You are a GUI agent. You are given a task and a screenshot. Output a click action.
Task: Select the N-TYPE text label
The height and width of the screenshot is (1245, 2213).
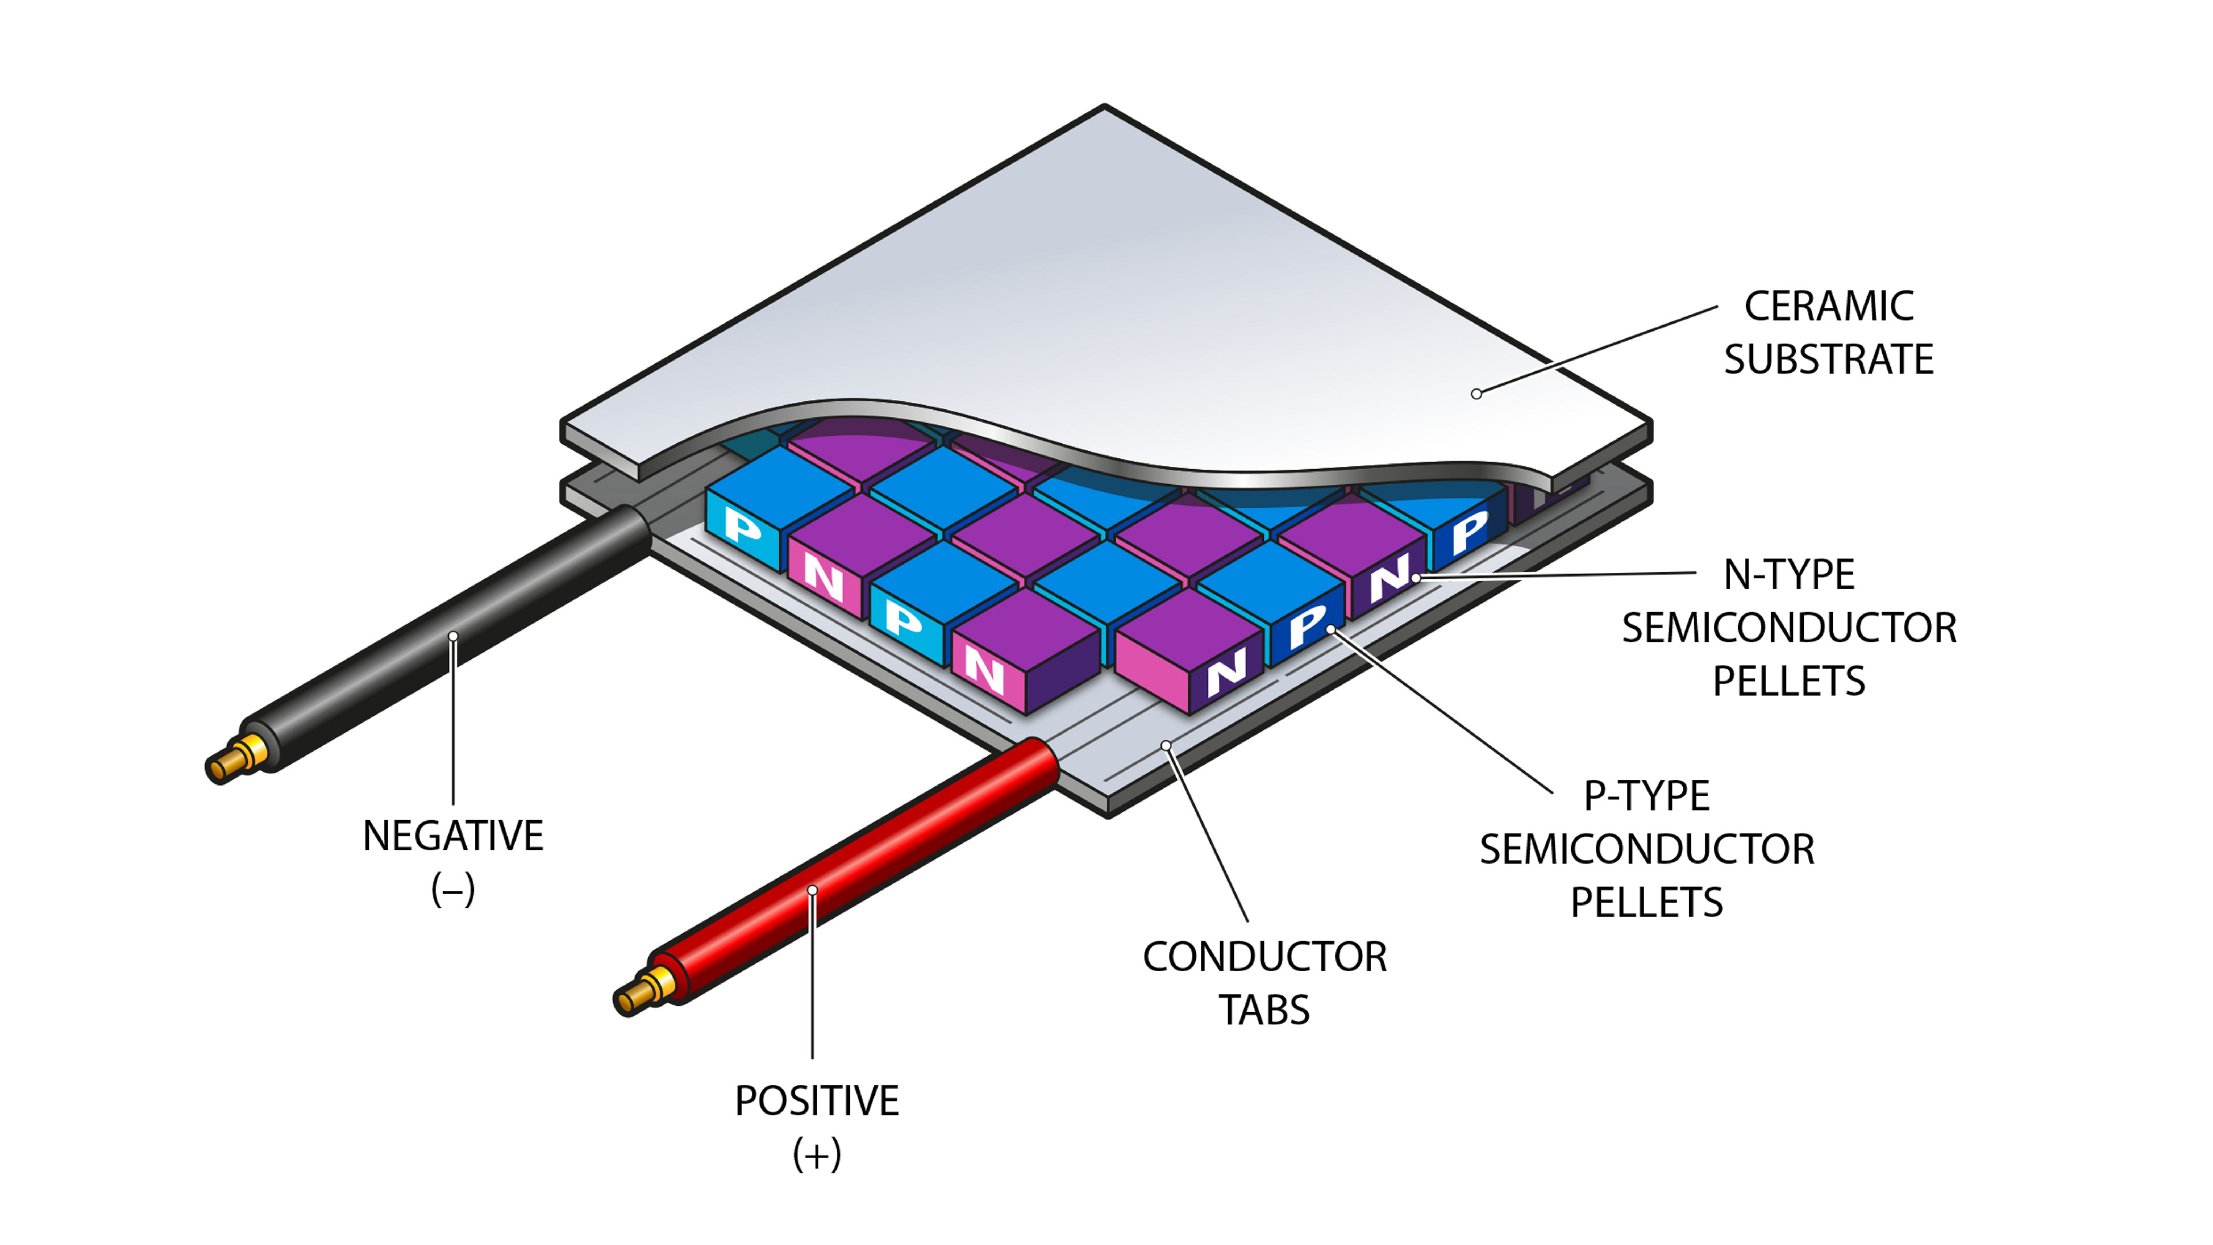point(1789,574)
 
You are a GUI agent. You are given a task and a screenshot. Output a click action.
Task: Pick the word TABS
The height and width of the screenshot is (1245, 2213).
point(1264,1010)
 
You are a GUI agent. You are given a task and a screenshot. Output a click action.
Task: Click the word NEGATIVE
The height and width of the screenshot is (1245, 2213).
point(453,836)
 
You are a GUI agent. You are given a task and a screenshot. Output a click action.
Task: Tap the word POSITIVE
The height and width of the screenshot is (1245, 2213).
point(816,1101)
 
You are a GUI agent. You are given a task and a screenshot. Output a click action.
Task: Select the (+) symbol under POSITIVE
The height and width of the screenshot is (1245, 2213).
point(816,1154)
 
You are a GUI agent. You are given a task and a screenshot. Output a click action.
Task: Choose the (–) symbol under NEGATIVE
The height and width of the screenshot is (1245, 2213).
point(453,889)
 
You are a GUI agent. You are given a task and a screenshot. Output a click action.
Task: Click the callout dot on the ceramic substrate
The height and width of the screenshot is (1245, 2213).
point(1476,394)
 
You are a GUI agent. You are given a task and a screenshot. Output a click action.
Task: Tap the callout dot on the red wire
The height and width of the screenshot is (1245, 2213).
point(812,890)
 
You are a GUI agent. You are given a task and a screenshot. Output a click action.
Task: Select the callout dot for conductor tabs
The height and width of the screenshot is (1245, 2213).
point(1166,745)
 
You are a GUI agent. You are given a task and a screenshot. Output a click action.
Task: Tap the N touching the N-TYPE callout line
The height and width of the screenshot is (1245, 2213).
point(1388,579)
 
